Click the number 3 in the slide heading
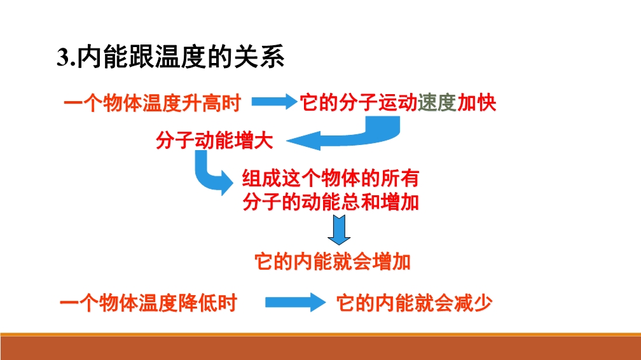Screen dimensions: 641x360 (63, 57)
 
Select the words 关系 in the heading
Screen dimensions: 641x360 (259, 57)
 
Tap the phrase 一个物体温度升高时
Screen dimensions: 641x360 (152, 102)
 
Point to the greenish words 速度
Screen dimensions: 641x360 (437, 102)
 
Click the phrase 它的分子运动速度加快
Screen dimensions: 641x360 (398, 102)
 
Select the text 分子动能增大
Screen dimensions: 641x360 (214, 141)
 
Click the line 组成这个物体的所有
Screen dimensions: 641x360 (330, 178)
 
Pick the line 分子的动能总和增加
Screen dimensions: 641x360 (330, 202)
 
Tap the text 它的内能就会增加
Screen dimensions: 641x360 (333, 262)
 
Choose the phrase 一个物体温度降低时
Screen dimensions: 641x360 (148, 303)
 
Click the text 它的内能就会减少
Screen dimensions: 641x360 (414, 303)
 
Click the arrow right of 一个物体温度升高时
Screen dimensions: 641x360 (274, 102)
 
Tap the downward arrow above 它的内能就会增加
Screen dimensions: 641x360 (339, 230)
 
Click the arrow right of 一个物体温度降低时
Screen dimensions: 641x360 (295, 303)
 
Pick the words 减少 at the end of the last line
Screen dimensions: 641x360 (473, 303)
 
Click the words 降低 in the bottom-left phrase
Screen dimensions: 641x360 (197, 303)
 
